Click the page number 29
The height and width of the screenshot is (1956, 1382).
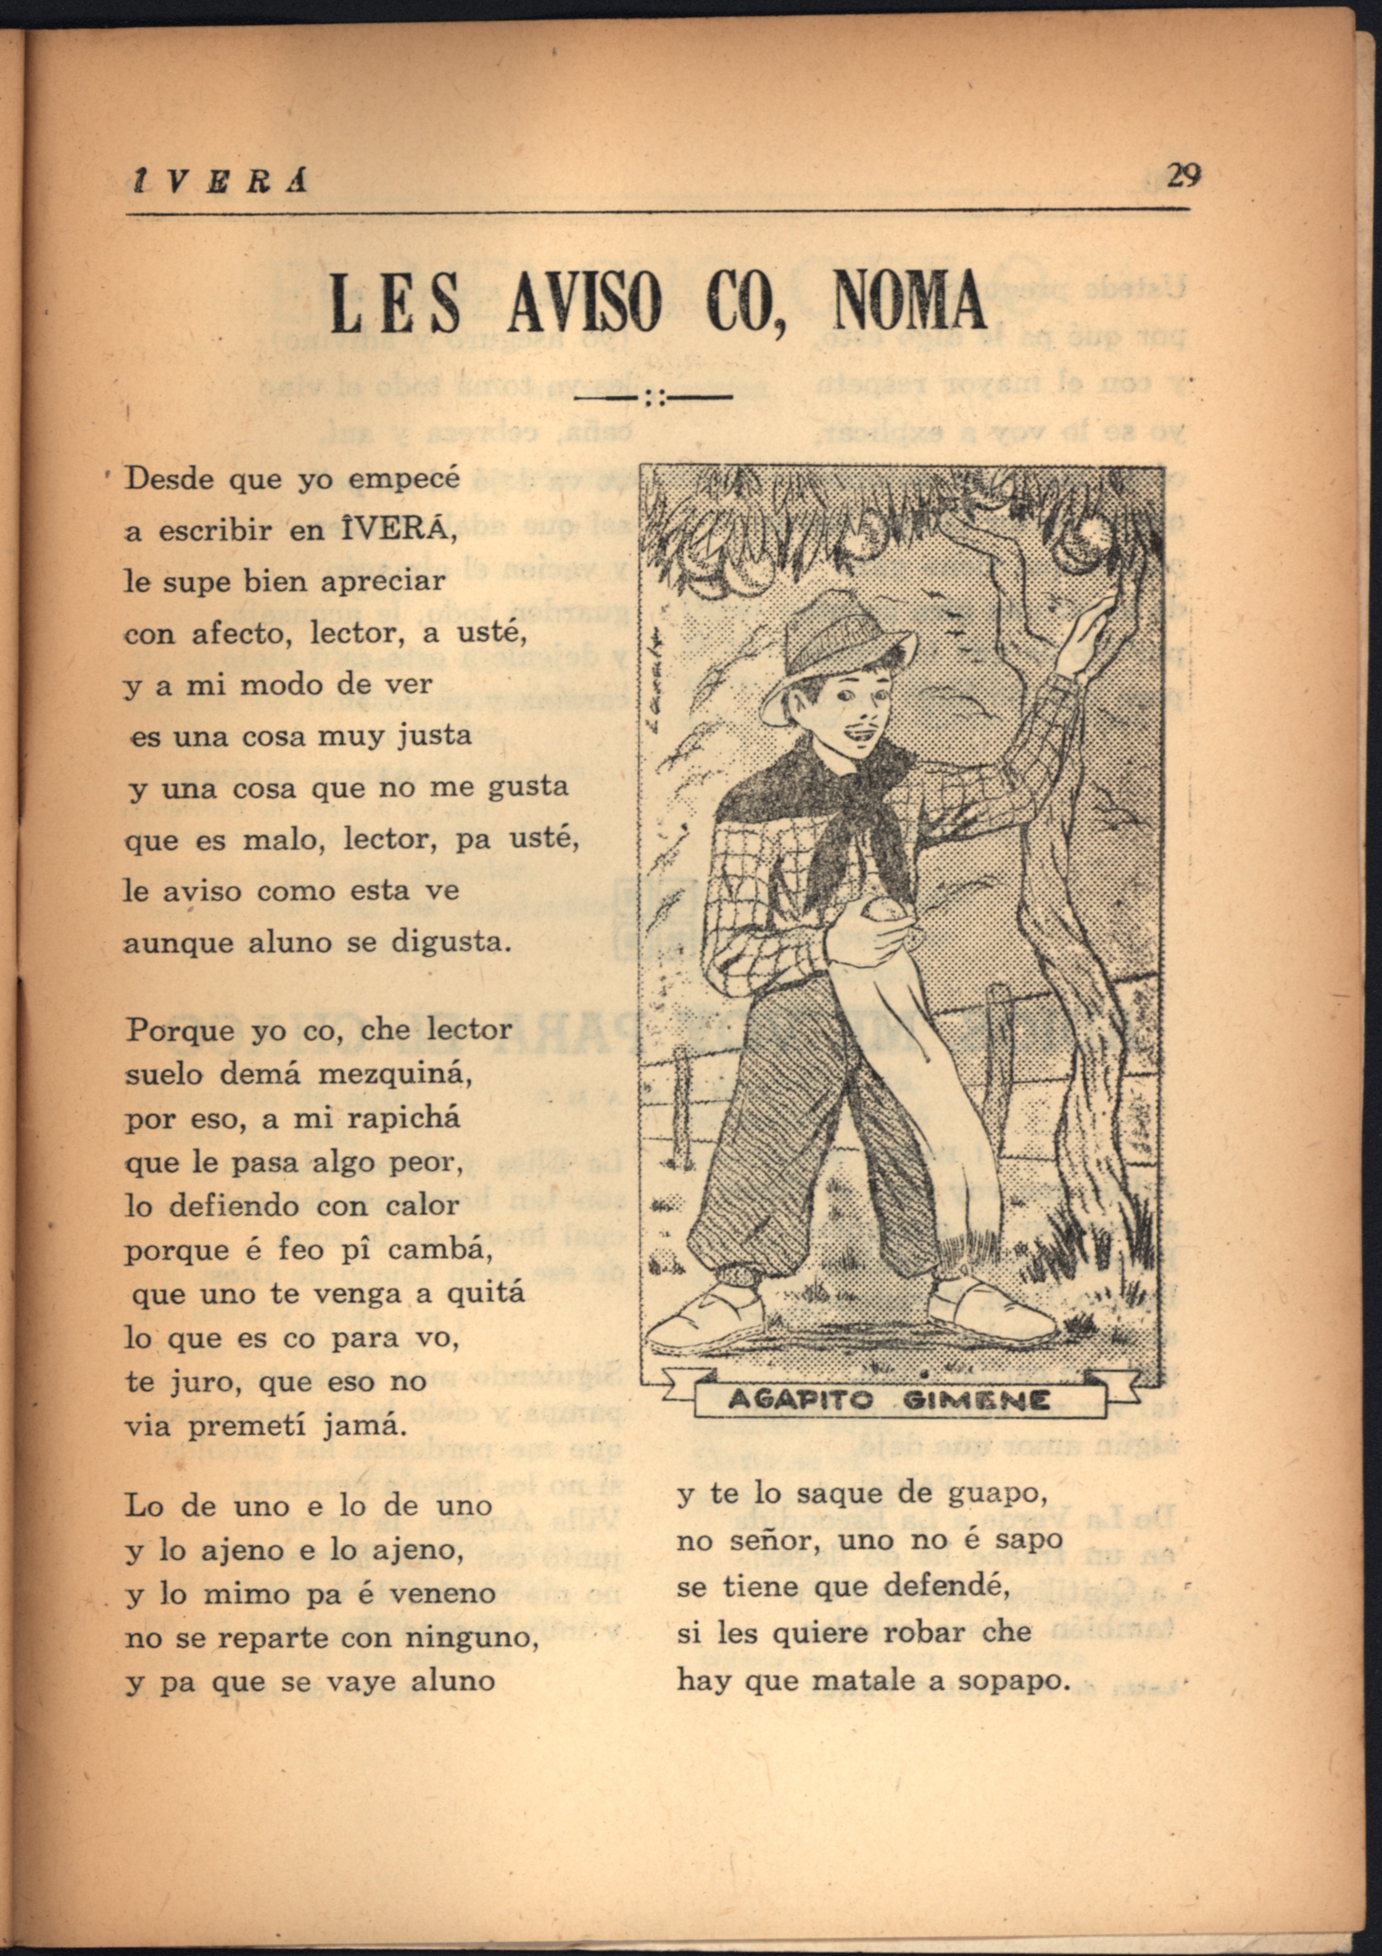click(x=1183, y=175)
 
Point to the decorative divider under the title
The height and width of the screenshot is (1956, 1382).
click(x=655, y=397)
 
